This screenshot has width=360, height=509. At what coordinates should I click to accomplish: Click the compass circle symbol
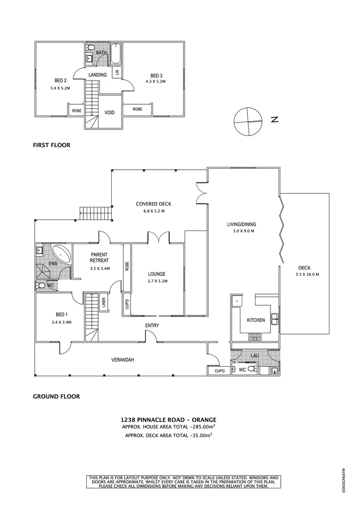coord(247,121)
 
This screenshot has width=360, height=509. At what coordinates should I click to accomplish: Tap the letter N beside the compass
coord(275,119)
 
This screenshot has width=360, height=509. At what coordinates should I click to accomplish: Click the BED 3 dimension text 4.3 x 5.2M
coord(155,82)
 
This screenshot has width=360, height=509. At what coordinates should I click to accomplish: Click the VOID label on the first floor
coord(109,113)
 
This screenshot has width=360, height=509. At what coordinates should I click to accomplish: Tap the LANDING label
coord(98,75)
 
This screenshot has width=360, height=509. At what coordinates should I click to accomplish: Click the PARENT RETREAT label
coord(99,257)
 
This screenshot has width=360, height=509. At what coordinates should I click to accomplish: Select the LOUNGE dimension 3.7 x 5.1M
coord(156,281)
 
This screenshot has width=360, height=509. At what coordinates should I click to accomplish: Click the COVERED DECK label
coord(154,204)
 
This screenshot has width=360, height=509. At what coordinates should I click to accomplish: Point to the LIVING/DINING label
coord(241,224)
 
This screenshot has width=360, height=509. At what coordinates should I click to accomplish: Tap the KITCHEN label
coord(256,320)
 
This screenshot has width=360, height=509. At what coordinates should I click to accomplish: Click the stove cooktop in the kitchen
coord(254,337)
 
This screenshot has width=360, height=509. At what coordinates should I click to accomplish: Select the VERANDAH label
coord(123,360)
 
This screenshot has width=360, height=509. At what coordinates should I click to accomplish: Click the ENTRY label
coord(152,326)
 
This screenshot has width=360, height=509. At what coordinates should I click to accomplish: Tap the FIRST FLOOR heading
coord(51,145)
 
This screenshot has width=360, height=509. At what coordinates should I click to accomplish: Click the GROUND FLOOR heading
coord(56,396)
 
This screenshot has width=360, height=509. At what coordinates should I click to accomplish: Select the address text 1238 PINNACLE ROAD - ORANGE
coord(168,419)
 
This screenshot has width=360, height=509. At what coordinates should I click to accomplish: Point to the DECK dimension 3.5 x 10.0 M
coord(307,274)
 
